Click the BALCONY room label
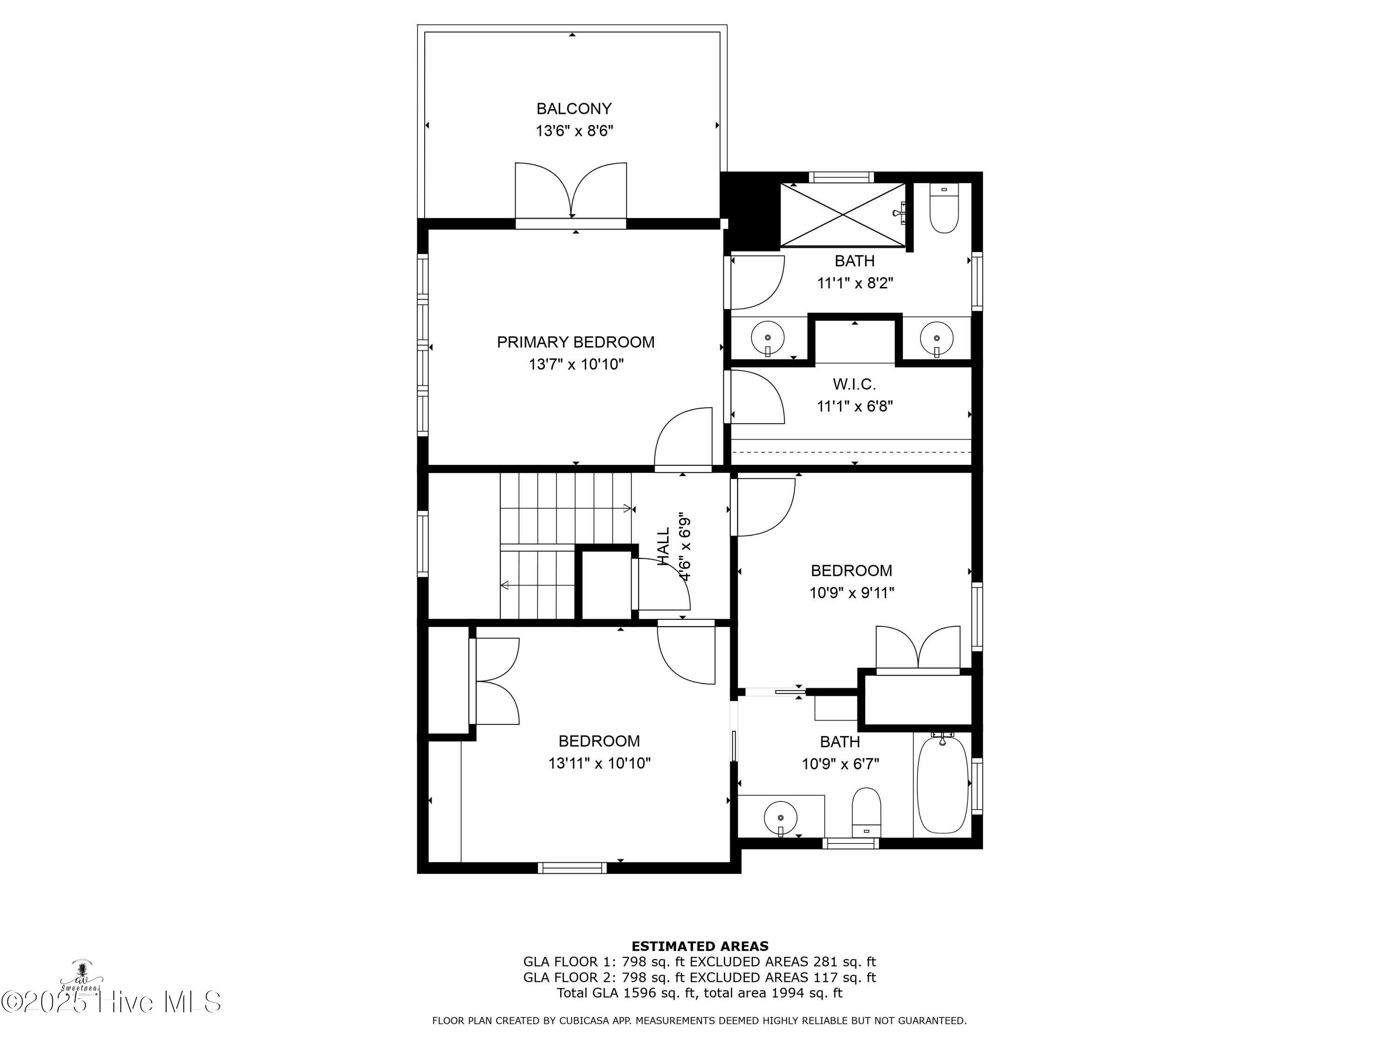coord(574,109)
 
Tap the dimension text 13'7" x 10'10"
coord(576,364)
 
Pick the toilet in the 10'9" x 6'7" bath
coord(867,812)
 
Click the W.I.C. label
coord(854,384)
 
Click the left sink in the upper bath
coord(768,337)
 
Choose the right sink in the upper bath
coord(936,337)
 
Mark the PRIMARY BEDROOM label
coord(575,343)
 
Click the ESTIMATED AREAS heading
coord(700,946)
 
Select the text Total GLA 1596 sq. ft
coord(627,993)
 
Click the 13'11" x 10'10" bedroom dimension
coord(599,763)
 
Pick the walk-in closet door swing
coord(757,398)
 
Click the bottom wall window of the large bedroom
coord(572,868)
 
